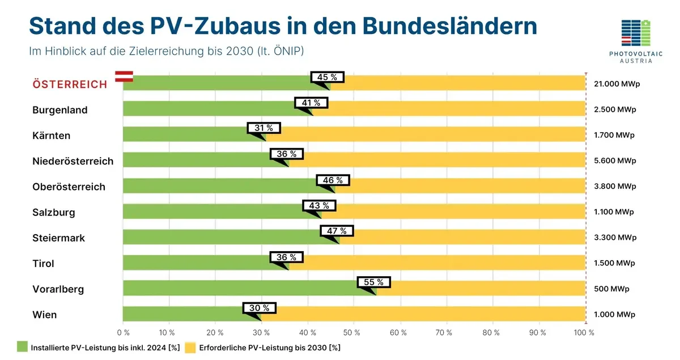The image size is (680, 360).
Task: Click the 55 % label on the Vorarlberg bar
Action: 373,282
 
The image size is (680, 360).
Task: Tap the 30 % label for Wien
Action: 260,308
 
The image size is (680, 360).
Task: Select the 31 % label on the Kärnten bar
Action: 263,128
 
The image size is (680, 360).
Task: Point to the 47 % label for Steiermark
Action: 337,231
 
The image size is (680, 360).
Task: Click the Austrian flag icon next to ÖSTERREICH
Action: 124,77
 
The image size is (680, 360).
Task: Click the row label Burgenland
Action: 60,110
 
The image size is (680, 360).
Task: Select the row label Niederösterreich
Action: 73,161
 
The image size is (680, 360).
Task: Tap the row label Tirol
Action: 44,264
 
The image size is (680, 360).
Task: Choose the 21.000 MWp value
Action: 615,84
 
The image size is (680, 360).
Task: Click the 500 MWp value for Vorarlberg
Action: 611,289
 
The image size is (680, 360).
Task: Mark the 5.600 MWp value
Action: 615,161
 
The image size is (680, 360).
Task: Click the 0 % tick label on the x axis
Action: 123,333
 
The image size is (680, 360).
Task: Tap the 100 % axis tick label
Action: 584,333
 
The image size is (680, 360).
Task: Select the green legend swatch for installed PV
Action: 22,347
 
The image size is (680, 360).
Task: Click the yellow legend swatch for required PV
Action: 190,347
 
